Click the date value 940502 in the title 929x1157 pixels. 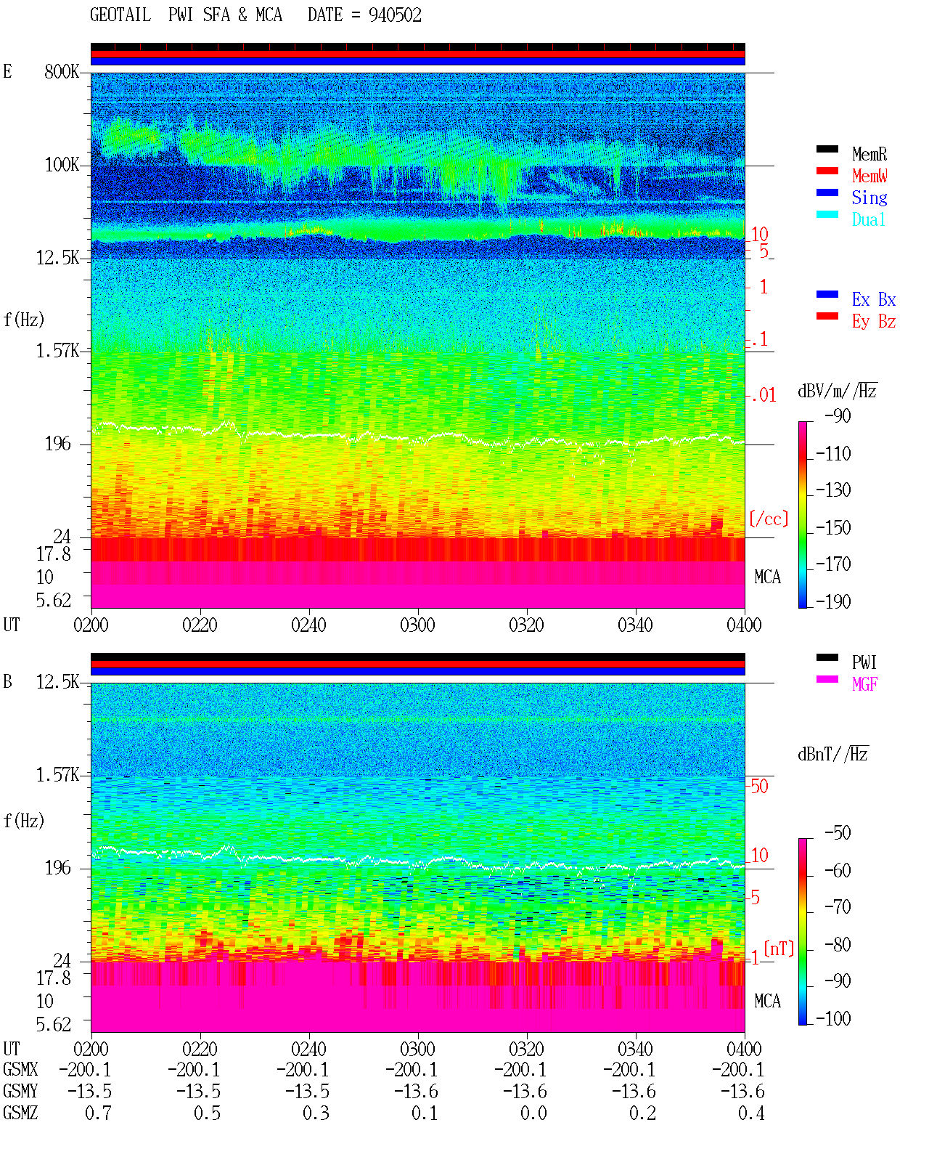(x=395, y=15)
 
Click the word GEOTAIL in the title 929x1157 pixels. (x=120, y=15)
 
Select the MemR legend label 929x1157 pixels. (x=869, y=154)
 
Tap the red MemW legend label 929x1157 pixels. (x=869, y=176)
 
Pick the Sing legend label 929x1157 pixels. (x=869, y=198)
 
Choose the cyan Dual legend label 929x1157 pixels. (x=868, y=219)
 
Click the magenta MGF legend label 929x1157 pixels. (x=864, y=684)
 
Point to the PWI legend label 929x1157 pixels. (x=864, y=662)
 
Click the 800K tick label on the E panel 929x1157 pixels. (x=62, y=71)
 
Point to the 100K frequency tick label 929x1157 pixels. (x=62, y=165)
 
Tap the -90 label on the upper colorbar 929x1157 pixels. (x=837, y=416)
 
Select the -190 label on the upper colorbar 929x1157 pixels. (x=833, y=601)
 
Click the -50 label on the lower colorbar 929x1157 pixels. (x=837, y=833)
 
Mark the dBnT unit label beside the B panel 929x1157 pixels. (x=832, y=755)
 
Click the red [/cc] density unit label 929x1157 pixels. (x=769, y=519)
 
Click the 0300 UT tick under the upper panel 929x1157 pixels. (x=417, y=625)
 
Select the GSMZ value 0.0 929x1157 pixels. (x=533, y=1113)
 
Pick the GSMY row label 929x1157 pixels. (x=20, y=1091)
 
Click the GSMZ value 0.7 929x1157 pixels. (x=98, y=1113)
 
